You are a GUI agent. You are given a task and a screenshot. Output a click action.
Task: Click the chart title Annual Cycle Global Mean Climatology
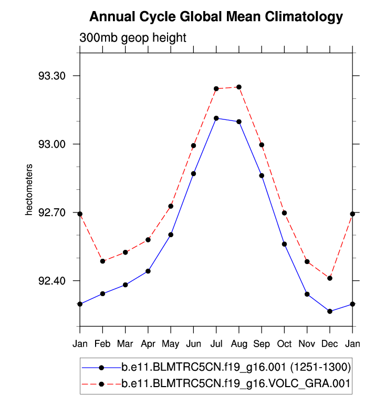pyautogui.click(x=216, y=17)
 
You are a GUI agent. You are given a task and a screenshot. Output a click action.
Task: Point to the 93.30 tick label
pyautogui.click(x=52, y=76)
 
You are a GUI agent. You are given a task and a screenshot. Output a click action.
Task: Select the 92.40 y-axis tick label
pyautogui.click(x=52, y=281)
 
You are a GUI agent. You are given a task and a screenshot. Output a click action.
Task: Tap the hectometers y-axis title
pyautogui.click(x=30, y=190)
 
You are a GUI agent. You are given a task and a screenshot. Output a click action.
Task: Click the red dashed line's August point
pyautogui.click(x=239, y=87)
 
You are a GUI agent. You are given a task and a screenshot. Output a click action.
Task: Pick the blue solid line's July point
pyautogui.click(x=216, y=118)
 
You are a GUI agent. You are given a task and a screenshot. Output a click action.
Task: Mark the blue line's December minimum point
pyautogui.click(x=330, y=311)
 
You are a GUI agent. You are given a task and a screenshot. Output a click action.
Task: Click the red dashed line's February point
pyautogui.click(x=103, y=261)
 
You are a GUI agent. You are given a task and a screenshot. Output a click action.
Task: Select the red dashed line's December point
pyautogui.click(x=330, y=278)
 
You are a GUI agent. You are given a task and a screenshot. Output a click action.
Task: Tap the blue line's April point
pyautogui.click(x=148, y=271)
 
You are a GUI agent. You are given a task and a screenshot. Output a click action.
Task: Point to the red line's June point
pyautogui.click(x=194, y=146)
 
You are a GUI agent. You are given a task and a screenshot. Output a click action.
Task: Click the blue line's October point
pyautogui.click(x=285, y=244)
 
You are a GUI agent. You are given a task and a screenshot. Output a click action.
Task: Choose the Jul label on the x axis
pyautogui.click(x=216, y=345)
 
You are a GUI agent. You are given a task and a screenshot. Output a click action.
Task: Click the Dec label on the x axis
pyautogui.click(x=330, y=345)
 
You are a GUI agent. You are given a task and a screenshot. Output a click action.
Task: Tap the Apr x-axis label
pyautogui.click(x=148, y=345)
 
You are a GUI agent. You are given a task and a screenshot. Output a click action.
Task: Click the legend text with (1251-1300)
pyautogui.click(x=236, y=367)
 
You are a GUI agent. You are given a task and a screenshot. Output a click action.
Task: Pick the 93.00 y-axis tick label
pyautogui.click(x=52, y=144)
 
